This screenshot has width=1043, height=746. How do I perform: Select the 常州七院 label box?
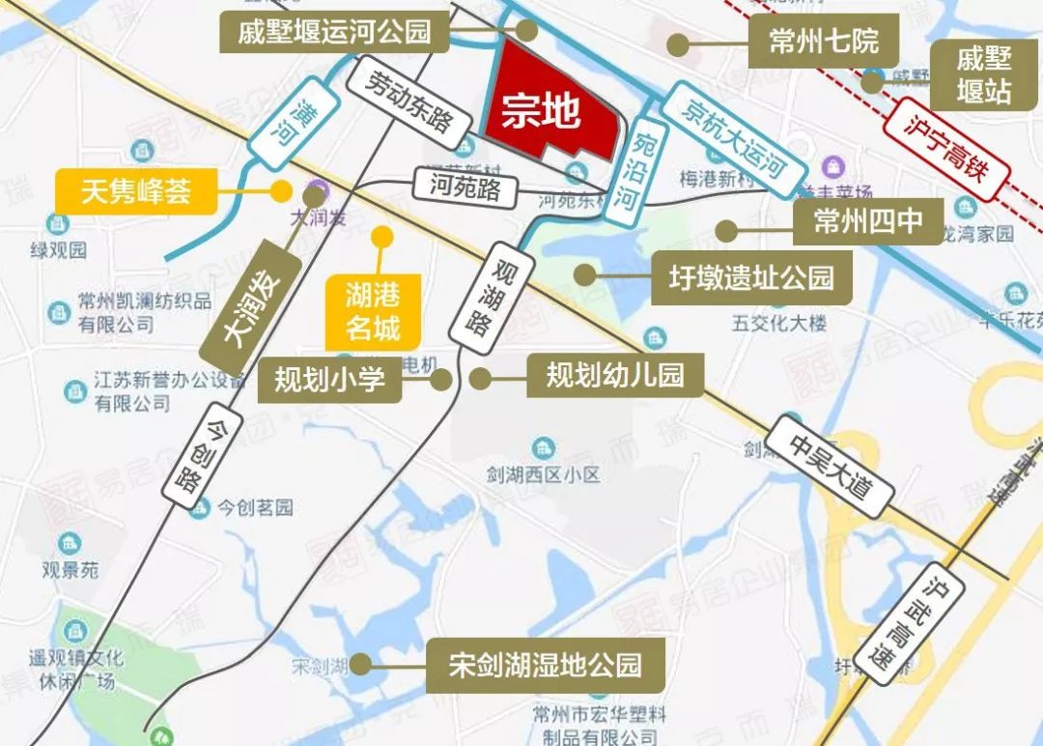tap(823, 43)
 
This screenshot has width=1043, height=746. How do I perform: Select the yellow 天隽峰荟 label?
tap(135, 192)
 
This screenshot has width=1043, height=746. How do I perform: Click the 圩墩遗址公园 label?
tap(751, 277)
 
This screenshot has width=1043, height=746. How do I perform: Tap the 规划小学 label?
tap(329, 379)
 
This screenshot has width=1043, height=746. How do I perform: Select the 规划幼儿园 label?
tap(614, 374)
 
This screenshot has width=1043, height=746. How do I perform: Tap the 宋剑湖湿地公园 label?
tap(546, 665)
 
